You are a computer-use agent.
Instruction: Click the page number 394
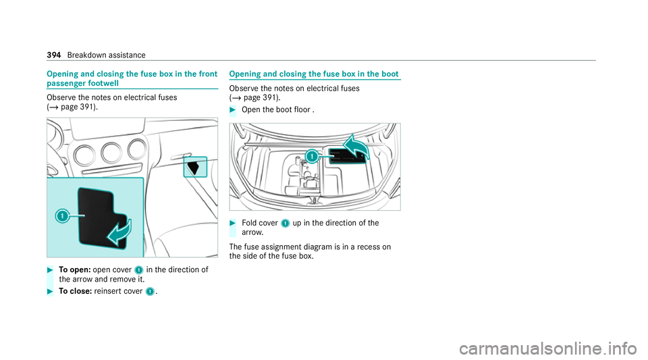(x=55, y=55)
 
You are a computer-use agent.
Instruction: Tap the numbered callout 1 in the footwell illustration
(x=61, y=215)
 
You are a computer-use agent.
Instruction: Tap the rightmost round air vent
(x=137, y=149)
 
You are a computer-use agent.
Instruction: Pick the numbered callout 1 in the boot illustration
(x=311, y=157)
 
